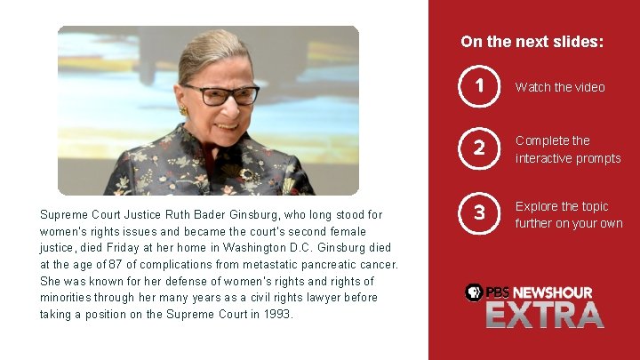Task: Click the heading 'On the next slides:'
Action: (x=532, y=42)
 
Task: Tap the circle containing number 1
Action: (x=479, y=86)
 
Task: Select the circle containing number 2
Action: (x=479, y=148)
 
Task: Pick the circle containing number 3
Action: (x=479, y=212)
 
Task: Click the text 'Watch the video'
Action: (x=560, y=87)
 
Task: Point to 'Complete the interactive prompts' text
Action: (x=568, y=149)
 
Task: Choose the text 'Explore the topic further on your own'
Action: (x=569, y=214)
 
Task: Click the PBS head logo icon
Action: (x=475, y=292)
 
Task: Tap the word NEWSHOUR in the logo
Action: (x=552, y=292)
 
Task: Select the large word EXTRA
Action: (x=544, y=315)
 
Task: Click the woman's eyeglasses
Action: (x=221, y=94)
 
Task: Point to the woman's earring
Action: (x=184, y=110)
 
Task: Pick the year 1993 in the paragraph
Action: (x=276, y=314)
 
